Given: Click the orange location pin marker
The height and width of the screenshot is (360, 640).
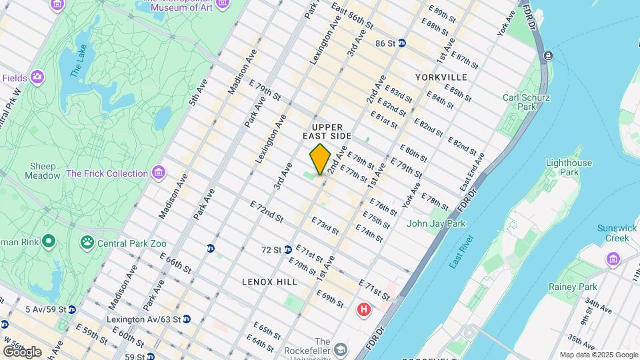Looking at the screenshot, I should (x=320, y=159).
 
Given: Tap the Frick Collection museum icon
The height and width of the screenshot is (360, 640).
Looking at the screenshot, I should (x=158, y=173).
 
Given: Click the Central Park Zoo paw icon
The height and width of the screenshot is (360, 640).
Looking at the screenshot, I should (x=87, y=241).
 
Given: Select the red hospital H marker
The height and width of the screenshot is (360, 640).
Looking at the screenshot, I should (x=364, y=309).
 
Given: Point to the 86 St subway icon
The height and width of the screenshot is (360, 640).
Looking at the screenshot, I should (x=402, y=43).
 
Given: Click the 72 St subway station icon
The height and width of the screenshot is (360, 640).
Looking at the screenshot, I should (x=288, y=250).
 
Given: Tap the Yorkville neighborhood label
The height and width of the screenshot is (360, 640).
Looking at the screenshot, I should (x=441, y=77).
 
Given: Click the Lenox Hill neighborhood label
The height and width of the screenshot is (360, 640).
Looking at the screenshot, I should (x=270, y=282).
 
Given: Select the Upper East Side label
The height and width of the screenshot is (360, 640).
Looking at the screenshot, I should (x=327, y=131).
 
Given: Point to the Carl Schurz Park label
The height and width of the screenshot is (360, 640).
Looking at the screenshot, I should (x=526, y=102).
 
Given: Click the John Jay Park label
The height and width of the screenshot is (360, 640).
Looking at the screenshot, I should (x=436, y=224).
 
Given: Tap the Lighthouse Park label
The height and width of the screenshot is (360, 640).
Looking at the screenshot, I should (x=569, y=167).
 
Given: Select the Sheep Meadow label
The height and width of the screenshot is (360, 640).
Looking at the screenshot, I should (x=43, y=171).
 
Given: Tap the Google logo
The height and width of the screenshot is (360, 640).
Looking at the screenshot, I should (x=21, y=351).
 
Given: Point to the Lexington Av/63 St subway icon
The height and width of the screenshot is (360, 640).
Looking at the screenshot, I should (x=187, y=319).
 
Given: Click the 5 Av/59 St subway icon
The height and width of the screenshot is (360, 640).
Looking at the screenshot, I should (x=72, y=309).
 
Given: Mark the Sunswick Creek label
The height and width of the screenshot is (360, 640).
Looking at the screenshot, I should (x=617, y=233).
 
